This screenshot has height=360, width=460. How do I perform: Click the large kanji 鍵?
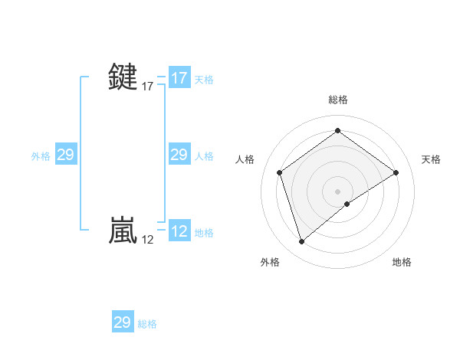click(123, 77)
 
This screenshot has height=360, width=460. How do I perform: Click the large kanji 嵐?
click(123, 230)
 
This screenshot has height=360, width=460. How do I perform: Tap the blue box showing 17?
click(179, 77)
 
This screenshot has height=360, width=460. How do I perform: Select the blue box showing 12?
click(179, 231)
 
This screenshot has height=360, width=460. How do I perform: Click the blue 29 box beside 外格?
click(65, 155)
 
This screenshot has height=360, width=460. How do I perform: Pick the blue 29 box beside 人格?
click(179, 155)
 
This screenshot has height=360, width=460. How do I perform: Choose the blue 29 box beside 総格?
click(123, 322)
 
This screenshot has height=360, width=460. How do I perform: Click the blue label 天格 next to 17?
click(204, 79)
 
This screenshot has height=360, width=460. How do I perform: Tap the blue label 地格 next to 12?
click(204, 233)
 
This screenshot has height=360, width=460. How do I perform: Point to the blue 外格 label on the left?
click(41, 156)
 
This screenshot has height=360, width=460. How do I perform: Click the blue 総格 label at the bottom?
click(147, 324)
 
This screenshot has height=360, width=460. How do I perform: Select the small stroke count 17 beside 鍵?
click(148, 87)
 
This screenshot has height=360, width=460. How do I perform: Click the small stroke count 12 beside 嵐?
click(148, 240)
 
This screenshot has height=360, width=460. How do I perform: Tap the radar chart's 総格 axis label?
click(337, 100)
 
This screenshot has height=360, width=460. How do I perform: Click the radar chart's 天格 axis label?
click(431, 159)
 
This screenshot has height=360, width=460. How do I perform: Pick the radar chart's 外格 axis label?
click(270, 263)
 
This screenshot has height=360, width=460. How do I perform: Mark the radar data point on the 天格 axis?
click(396, 172)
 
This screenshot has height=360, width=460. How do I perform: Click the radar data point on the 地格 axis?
click(347, 204)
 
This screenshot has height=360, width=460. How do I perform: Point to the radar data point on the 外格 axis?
click(301, 242)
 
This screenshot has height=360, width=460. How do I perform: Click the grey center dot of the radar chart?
click(337, 191)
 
